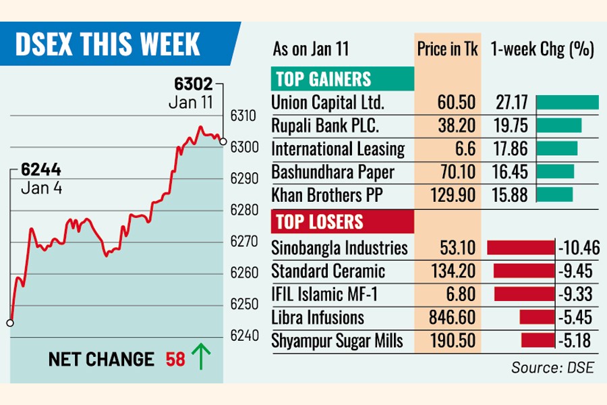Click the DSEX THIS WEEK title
(x=107, y=45)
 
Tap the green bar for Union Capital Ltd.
(x=567, y=103)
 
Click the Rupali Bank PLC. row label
(x=325, y=126)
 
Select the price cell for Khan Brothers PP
(x=447, y=195)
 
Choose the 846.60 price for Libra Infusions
(x=447, y=318)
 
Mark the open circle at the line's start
(x=9, y=323)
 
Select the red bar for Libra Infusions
(x=536, y=318)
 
